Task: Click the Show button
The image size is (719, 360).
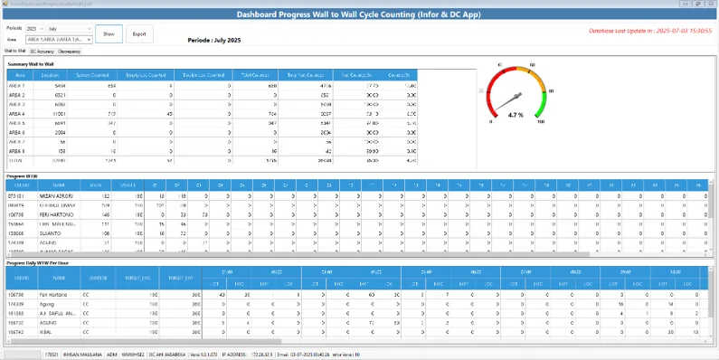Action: [x=109, y=33]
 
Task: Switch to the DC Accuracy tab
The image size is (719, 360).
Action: [x=42, y=52]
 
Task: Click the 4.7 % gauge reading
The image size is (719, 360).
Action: [x=516, y=115]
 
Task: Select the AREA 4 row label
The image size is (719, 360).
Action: [x=18, y=114]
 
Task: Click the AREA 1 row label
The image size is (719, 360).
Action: [x=18, y=85]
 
